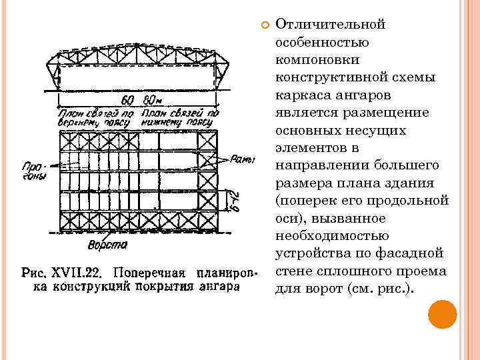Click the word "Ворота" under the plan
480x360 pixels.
click(108, 245)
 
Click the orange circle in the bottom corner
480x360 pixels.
click(442, 315)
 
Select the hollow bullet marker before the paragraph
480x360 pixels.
click(264, 25)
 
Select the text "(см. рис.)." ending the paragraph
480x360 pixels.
click(377, 289)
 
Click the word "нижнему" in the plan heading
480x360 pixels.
click(167, 123)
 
